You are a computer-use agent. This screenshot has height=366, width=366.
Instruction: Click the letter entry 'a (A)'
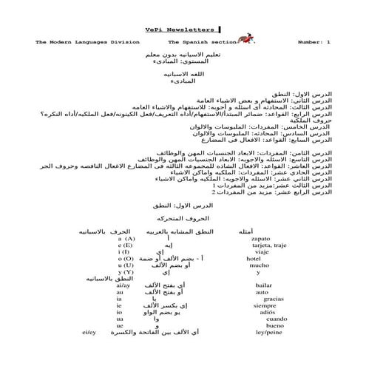tap(126, 240)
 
